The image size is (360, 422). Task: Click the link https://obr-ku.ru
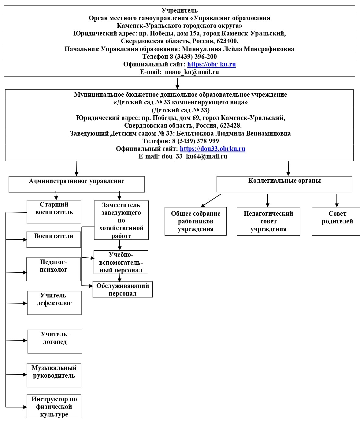(x=211, y=64)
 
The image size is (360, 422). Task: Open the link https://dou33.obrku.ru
(x=213, y=149)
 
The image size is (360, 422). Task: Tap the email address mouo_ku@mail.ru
(x=192, y=72)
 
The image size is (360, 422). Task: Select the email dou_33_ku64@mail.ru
(x=194, y=156)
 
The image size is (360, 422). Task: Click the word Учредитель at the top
(x=180, y=10)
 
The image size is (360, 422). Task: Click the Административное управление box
(x=76, y=184)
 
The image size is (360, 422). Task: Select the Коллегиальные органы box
(x=284, y=184)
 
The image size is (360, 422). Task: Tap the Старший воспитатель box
(x=54, y=212)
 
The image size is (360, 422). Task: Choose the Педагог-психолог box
(x=54, y=269)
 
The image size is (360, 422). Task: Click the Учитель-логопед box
(x=55, y=342)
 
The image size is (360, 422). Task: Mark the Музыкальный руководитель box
(x=54, y=375)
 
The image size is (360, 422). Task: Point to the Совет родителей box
(x=337, y=221)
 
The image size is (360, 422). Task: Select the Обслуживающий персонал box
(x=123, y=289)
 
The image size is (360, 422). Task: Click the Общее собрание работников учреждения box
(x=195, y=221)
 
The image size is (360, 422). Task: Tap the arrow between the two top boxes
(x=177, y=83)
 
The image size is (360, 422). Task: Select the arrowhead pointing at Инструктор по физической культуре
(x=25, y=407)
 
